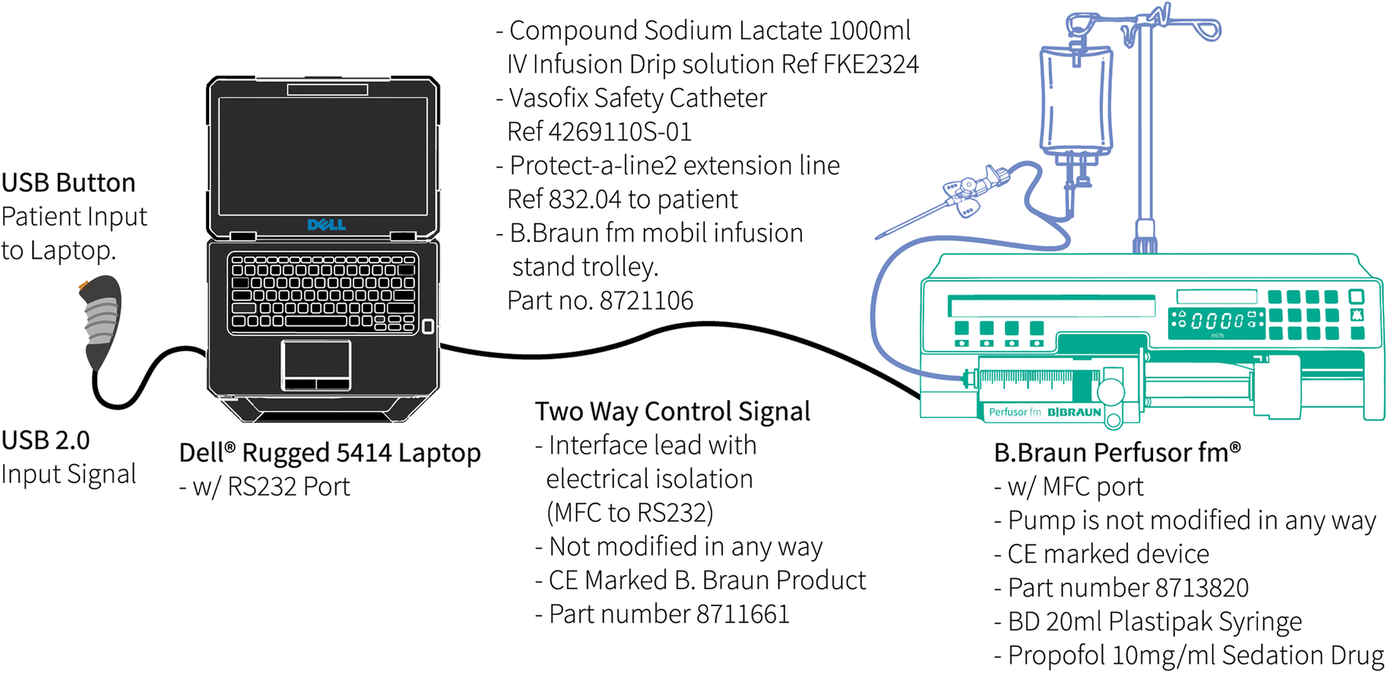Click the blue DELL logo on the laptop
(x=327, y=225)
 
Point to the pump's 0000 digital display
(x=1216, y=320)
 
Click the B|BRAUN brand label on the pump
(x=1074, y=412)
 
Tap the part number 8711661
(x=743, y=614)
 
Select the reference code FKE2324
(x=871, y=64)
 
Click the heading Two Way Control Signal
(x=672, y=411)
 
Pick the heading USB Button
(x=68, y=183)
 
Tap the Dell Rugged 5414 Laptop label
(x=330, y=453)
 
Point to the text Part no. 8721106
(x=600, y=301)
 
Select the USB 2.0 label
(x=45, y=440)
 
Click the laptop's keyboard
(x=323, y=292)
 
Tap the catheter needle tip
(x=880, y=236)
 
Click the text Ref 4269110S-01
(x=599, y=132)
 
